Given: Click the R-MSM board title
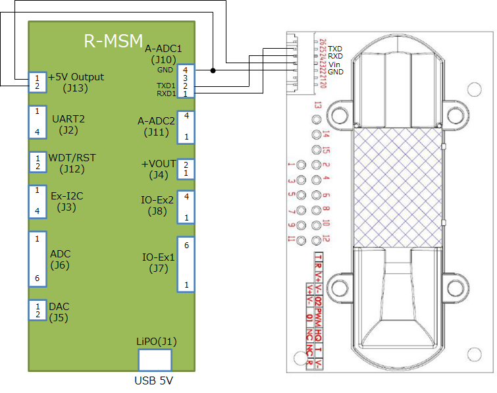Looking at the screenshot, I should (113, 41).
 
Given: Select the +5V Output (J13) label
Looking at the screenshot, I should (76, 82).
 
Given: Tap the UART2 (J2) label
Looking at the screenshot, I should (68, 124).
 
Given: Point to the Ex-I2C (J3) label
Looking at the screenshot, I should (67, 201).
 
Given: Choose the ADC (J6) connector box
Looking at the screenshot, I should (38, 259).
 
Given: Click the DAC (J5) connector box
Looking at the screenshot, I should (38, 310).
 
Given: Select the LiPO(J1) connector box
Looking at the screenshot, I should (155, 360).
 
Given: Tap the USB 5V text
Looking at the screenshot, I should (154, 381).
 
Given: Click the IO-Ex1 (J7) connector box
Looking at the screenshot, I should (186, 264).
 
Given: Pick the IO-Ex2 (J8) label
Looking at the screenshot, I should (157, 205).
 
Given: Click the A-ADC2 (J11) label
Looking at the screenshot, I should (156, 126).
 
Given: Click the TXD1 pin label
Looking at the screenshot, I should (166, 86).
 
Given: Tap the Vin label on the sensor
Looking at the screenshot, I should (334, 64).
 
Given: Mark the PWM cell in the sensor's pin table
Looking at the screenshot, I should (319, 315).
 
